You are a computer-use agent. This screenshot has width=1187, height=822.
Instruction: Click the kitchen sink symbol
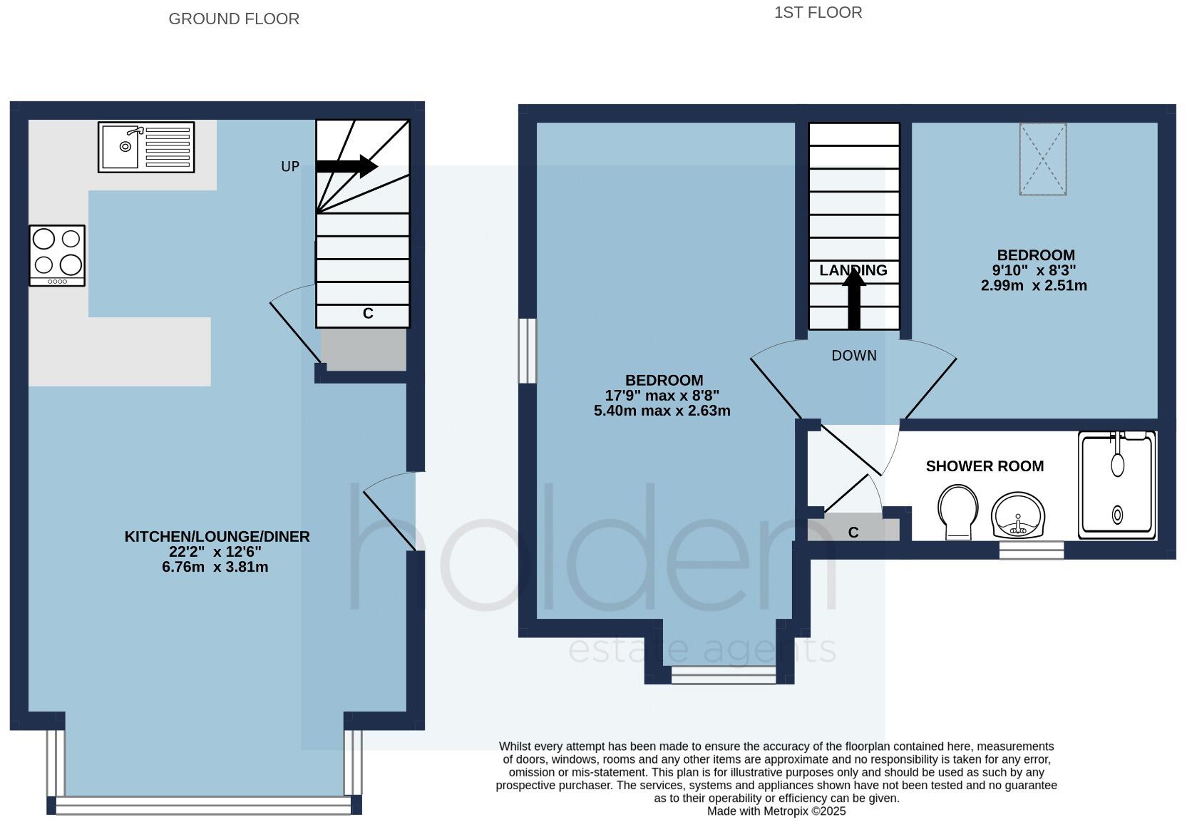pyautogui.click(x=146, y=148)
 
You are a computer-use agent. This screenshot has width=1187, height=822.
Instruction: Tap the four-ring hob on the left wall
pyautogui.click(x=57, y=255)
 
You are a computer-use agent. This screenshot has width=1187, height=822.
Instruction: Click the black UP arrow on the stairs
pyautogui.click(x=346, y=166)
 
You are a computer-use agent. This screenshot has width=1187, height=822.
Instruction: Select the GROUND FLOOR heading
pyautogui.click(x=234, y=19)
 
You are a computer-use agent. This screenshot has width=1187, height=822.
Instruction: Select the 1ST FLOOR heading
pyautogui.click(x=818, y=13)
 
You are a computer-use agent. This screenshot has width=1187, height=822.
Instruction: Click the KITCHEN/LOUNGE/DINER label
pyautogui.click(x=217, y=536)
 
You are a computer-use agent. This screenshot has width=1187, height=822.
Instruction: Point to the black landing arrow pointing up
pyautogui.click(x=853, y=299)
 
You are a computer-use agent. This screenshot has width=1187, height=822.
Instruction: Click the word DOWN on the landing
pyautogui.click(x=853, y=356)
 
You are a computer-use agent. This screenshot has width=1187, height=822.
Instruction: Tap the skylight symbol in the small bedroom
pyautogui.click(x=1042, y=159)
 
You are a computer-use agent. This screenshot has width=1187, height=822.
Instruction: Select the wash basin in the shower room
pyautogui.click(x=1018, y=514)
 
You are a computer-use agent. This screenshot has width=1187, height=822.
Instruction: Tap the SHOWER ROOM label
pyautogui.click(x=985, y=466)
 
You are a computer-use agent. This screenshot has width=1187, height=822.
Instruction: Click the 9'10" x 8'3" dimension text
pyautogui.click(x=1034, y=270)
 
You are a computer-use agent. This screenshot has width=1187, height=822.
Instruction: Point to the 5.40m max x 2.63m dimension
pyautogui.click(x=662, y=411)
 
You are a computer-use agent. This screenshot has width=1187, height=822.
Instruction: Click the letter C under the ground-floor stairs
pyautogui.click(x=368, y=313)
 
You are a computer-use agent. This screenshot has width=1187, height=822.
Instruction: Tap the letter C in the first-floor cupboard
pyautogui.click(x=853, y=533)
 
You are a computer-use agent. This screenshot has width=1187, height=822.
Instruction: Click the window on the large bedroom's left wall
pyautogui.click(x=527, y=351)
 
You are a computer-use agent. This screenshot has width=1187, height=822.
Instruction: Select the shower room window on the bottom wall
pyautogui.click(x=1031, y=550)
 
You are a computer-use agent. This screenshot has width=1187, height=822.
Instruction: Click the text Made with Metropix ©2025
pyautogui.click(x=776, y=811)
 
